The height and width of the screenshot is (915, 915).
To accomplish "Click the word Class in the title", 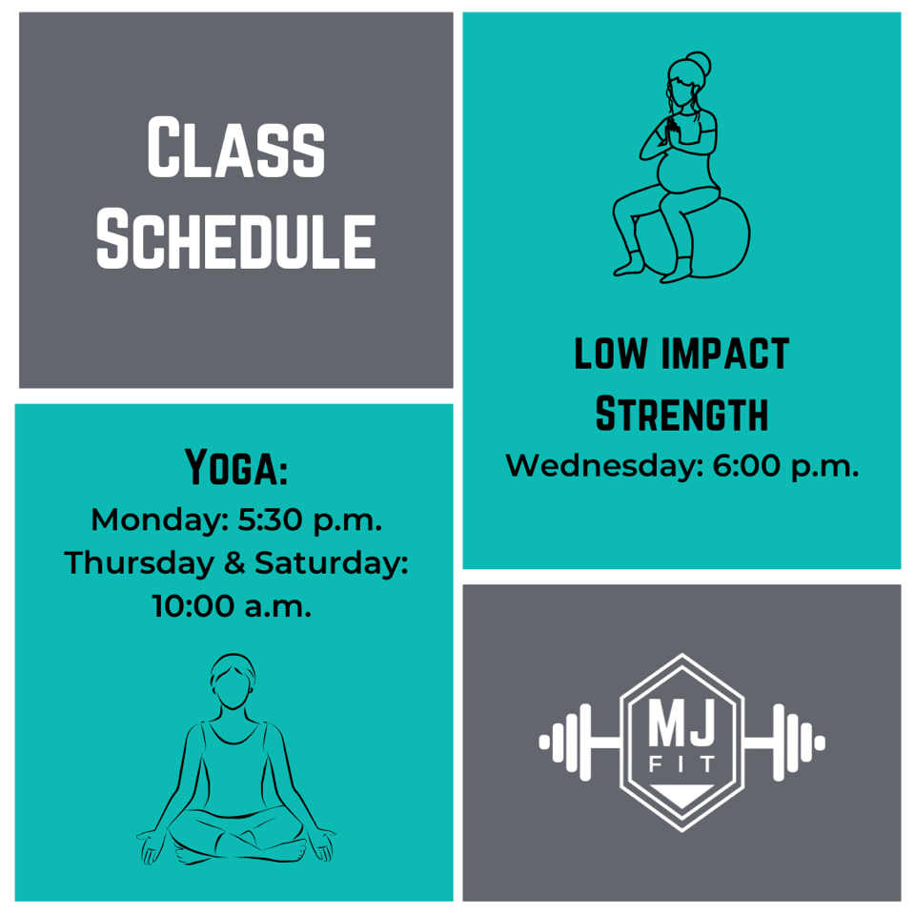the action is click(x=235, y=147).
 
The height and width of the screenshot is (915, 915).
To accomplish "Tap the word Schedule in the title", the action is click(x=235, y=239).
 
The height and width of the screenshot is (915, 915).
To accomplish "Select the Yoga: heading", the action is click(x=235, y=467).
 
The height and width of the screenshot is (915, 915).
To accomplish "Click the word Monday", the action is click(x=159, y=519).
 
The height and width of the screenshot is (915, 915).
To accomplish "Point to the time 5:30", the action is click(x=270, y=519).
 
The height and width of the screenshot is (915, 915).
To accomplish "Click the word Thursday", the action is click(x=139, y=563).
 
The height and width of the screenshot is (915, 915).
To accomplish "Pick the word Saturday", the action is click(x=332, y=563).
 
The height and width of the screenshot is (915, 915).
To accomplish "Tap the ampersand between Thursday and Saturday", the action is click(x=234, y=563).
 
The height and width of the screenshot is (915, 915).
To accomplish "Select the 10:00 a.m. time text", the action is click(x=232, y=606).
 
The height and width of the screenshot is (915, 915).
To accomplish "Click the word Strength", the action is click(x=681, y=413).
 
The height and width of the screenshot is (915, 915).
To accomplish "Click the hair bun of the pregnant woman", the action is click(x=699, y=63).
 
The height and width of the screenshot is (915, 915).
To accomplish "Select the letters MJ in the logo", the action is click(x=681, y=723).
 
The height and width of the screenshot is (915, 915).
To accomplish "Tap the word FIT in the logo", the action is click(x=681, y=763).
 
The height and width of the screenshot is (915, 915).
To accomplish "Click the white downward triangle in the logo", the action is click(x=681, y=794).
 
